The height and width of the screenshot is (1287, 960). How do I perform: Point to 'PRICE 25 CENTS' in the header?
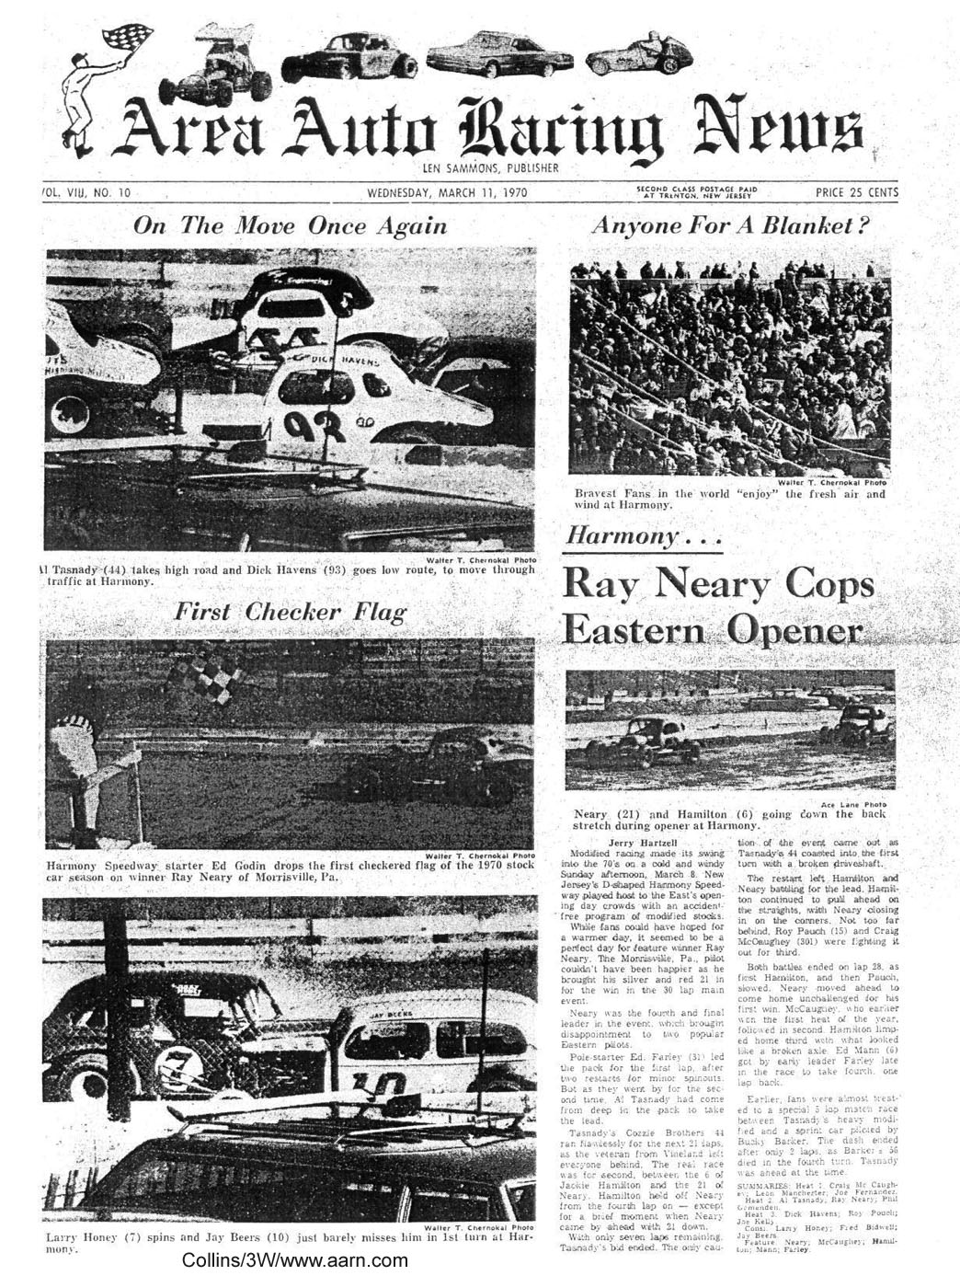(856, 193)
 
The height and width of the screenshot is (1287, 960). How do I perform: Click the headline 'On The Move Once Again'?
(290, 226)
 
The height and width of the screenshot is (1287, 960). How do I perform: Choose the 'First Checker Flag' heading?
(290, 613)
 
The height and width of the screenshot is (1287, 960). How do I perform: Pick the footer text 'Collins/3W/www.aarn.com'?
(294, 1260)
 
